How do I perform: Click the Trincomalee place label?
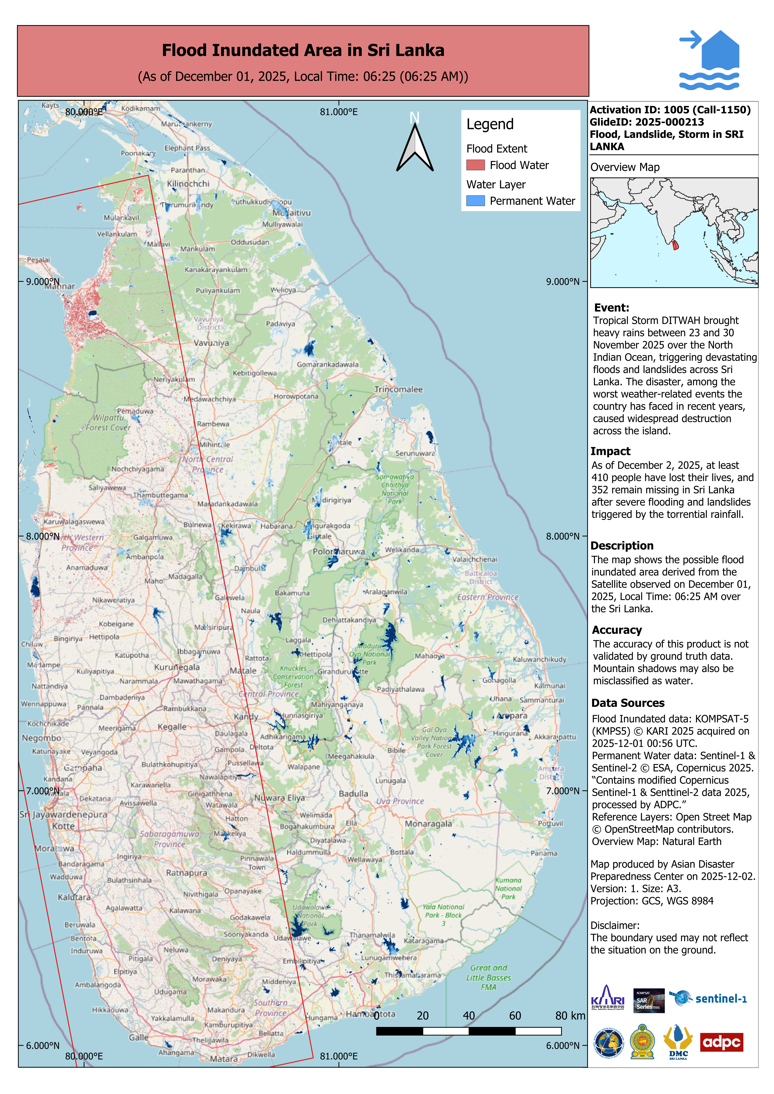pyautogui.click(x=398, y=389)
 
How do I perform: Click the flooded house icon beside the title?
pyautogui.click(x=710, y=60)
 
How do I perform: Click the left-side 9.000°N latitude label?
pyautogui.click(x=42, y=282)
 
